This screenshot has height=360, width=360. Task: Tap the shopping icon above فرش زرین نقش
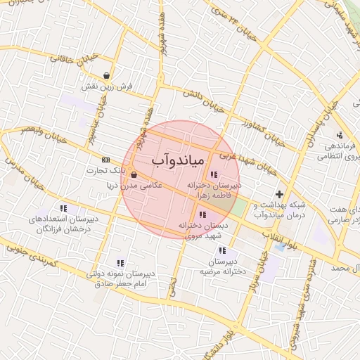click(106, 76)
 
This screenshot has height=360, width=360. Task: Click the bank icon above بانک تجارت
click(106, 160)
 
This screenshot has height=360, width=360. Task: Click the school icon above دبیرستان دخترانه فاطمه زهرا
click(214, 174)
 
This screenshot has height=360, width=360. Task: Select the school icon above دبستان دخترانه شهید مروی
click(202, 214)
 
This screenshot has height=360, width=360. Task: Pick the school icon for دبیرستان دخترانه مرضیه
click(222, 250)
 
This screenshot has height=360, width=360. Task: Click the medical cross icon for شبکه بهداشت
click(280, 194)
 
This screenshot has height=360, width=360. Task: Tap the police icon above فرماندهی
click(340, 135)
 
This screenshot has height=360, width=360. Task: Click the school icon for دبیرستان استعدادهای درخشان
click(64, 208)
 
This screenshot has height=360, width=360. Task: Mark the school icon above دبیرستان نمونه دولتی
click(120, 263)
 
